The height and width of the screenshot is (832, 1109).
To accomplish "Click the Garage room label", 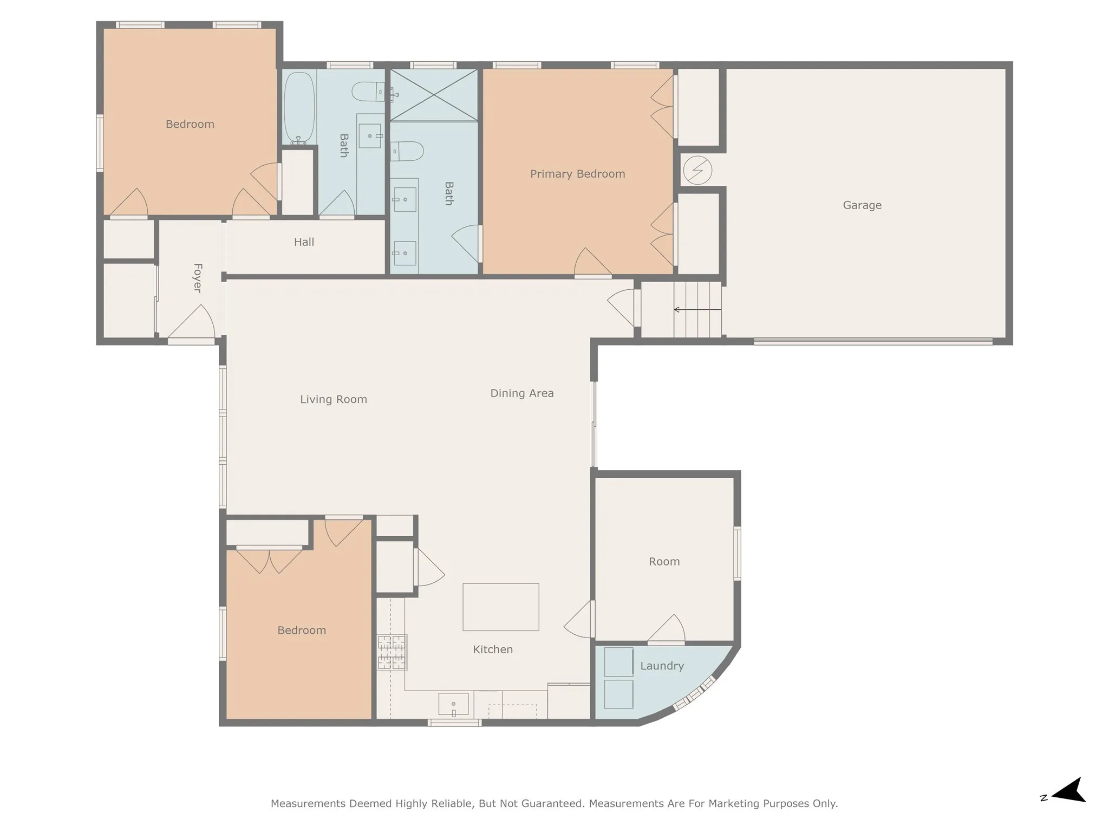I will pyautogui.click(x=862, y=205).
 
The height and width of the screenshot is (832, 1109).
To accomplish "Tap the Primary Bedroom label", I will pyautogui.click(x=577, y=174).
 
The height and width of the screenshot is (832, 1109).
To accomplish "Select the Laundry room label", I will pyautogui.click(x=662, y=666).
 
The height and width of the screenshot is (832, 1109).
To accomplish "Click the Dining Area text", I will pyautogui.click(x=521, y=393).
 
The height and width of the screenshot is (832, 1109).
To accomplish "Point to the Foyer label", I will pyautogui.click(x=198, y=278).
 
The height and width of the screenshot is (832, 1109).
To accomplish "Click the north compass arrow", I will pyautogui.click(x=1069, y=805).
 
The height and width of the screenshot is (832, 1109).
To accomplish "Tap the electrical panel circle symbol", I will pyautogui.click(x=697, y=170).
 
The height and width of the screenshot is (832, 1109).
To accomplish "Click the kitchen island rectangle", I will pyautogui.click(x=500, y=607).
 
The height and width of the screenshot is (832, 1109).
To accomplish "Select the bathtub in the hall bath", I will pyautogui.click(x=299, y=107).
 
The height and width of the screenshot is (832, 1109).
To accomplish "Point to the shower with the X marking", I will pyautogui.click(x=434, y=95).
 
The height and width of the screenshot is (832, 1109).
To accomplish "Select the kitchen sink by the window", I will pyautogui.click(x=453, y=704).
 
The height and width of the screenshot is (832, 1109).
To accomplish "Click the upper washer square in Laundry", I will pyautogui.click(x=618, y=661).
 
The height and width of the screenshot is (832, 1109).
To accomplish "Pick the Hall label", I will pyautogui.click(x=304, y=242).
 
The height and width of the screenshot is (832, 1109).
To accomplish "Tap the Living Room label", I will pyautogui.click(x=334, y=399).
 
